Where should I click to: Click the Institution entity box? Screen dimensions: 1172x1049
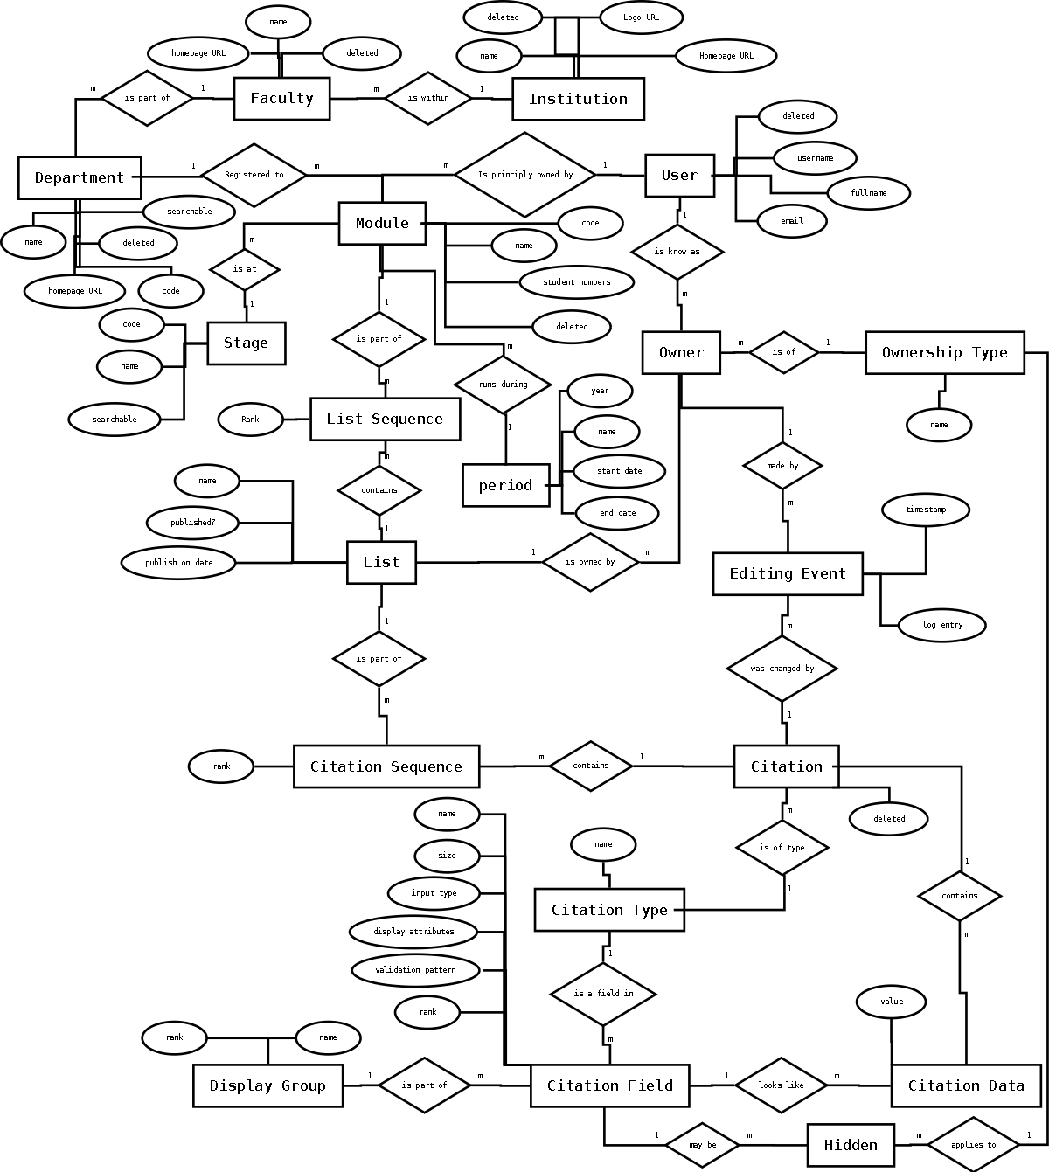tap(578, 99)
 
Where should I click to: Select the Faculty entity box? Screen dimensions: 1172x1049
tap(281, 98)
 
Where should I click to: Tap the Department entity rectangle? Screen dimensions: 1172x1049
tap(79, 177)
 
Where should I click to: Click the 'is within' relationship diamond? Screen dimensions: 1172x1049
tap(428, 97)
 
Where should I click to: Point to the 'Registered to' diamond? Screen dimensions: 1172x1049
tap(254, 175)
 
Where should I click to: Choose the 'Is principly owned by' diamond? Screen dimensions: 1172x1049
tap(524, 175)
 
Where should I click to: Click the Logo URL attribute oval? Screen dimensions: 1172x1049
tap(641, 17)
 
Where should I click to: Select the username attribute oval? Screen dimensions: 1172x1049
tap(815, 158)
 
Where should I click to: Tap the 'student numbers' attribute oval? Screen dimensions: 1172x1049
tap(577, 282)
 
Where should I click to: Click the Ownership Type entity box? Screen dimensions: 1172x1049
tap(944, 353)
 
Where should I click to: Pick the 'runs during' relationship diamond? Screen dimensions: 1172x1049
tap(503, 385)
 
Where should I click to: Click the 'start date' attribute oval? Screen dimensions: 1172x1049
tap(619, 471)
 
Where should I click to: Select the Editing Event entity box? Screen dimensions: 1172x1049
tap(788, 574)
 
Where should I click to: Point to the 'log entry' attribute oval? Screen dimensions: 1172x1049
tap(942, 625)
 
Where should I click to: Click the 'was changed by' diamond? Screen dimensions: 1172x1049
tap(782, 669)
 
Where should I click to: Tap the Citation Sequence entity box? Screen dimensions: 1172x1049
tap(386, 766)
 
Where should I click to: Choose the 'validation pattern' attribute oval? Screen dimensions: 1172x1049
tap(415, 970)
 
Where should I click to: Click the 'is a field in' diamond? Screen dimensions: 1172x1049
tap(603, 994)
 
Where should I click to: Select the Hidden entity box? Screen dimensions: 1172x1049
tap(851, 1145)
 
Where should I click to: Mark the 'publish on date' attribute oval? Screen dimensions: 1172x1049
tap(179, 563)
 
